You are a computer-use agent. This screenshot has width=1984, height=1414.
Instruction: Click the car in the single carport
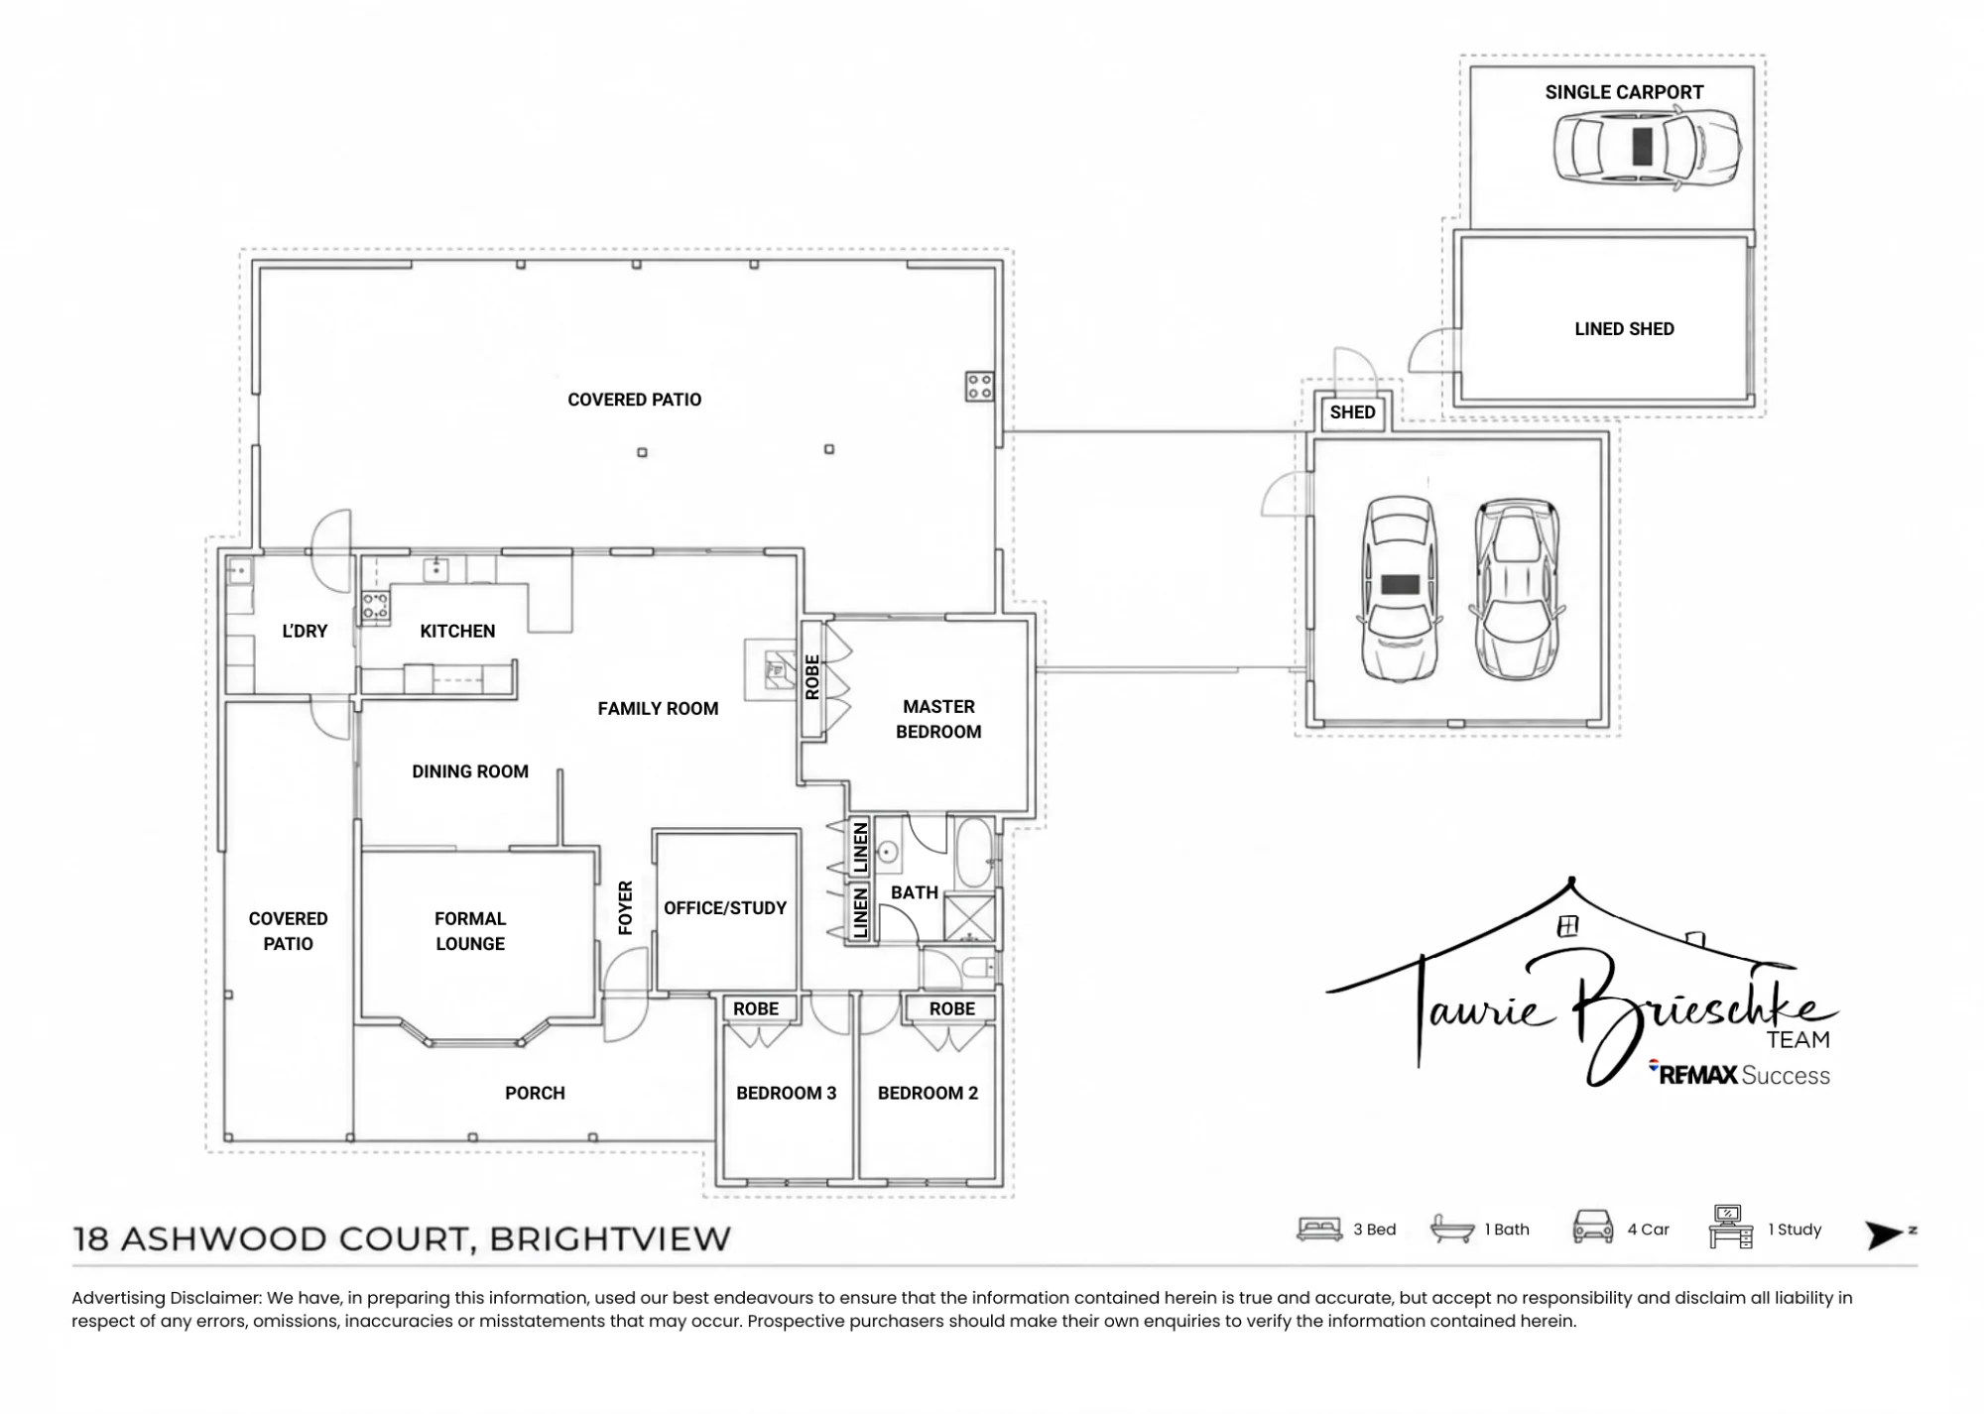(1647, 147)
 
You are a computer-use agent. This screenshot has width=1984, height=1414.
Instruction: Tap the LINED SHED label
(1624, 329)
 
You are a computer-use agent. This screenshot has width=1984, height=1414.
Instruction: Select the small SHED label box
(1352, 412)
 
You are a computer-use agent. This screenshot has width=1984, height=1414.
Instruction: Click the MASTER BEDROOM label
(938, 719)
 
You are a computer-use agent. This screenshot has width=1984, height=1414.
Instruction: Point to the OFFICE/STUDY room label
(725, 908)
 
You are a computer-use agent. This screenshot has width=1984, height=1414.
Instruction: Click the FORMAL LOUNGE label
(470, 931)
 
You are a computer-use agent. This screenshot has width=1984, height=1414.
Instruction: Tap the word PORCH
(535, 1093)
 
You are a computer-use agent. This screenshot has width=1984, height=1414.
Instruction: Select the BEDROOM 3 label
(786, 1093)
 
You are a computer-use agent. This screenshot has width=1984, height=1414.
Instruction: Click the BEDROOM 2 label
(928, 1093)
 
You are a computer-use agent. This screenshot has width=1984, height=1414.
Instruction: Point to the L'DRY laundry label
(305, 631)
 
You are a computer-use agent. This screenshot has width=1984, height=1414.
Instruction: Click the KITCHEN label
(457, 631)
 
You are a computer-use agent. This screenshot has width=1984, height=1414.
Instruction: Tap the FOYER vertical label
(625, 907)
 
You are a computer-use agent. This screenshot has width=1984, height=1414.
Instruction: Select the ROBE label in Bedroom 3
(756, 1008)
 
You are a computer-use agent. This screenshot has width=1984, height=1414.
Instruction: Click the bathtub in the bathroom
(974, 853)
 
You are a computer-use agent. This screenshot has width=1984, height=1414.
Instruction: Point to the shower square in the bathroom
(969, 917)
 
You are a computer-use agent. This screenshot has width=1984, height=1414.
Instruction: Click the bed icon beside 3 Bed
(1319, 1230)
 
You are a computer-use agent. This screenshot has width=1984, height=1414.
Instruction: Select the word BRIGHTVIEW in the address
(610, 1239)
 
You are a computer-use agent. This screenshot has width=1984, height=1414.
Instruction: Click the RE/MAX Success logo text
(1741, 1074)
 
